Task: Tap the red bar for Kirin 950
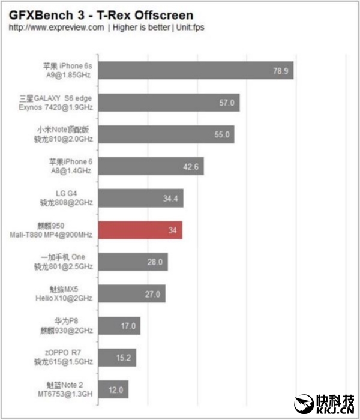(x=139, y=230)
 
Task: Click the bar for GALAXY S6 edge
(x=168, y=103)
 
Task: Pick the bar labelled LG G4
(x=140, y=198)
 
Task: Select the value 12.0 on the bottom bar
(x=115, y=390)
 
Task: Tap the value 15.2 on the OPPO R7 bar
(x=124, y=358)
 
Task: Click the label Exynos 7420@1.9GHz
(x=61, y=107)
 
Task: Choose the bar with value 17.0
(x=119, y=326)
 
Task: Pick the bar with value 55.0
(x=165, y=134)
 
